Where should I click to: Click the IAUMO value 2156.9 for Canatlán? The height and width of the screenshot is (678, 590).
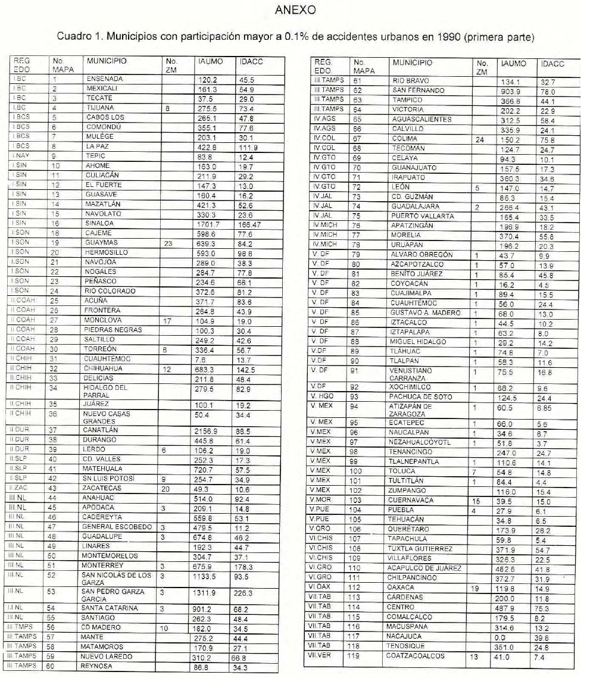point(208,430)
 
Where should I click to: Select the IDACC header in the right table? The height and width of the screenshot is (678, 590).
point(551,63)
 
